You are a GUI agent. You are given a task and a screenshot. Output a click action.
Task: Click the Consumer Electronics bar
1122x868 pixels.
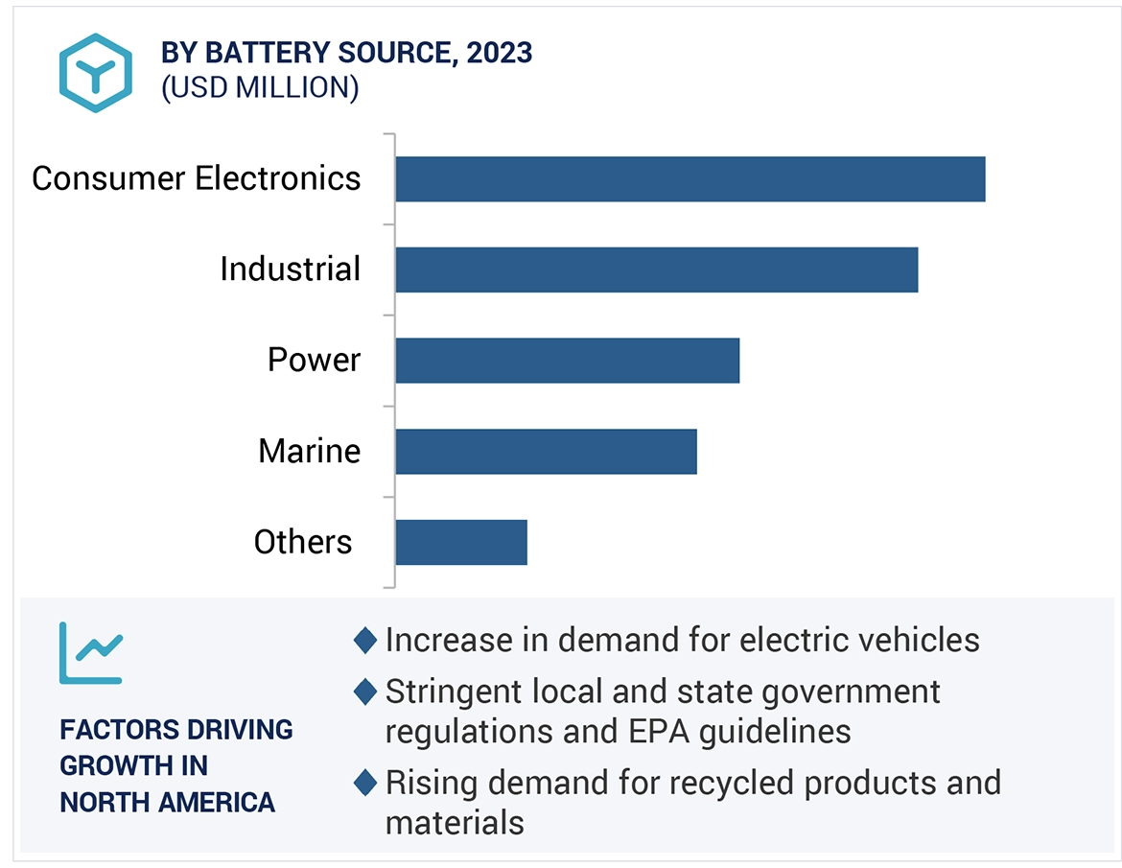click(690, 179)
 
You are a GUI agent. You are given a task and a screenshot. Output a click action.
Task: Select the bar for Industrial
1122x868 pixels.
click(656, 270)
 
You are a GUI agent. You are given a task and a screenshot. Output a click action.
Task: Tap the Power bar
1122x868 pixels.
click(567, 361)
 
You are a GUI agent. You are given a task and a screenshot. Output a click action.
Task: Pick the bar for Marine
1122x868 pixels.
click(546, 452)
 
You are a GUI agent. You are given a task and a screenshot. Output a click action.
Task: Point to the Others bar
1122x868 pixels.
click(460, 543)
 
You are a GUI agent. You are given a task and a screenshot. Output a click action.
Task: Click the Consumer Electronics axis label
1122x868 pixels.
click(197, 178)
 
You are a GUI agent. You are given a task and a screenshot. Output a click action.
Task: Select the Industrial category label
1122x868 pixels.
click(290, 269)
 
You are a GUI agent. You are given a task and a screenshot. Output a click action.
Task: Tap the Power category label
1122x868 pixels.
click(314, 360)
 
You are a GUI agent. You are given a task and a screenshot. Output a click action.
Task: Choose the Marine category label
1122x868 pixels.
click(309, 451)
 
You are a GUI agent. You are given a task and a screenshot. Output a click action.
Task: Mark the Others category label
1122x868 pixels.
click(303, 542)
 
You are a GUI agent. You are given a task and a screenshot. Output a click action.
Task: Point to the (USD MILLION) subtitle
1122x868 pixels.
click(260, 87)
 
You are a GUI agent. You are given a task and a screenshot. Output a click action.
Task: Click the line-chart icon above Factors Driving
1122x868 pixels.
click(90, 653)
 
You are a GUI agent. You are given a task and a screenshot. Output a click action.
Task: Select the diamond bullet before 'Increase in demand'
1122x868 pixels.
click(364, 640)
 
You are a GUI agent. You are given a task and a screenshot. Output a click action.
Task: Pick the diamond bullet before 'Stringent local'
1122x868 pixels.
click(364, 691)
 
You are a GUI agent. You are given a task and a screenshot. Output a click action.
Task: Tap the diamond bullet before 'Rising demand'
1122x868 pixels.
click(364, 783)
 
